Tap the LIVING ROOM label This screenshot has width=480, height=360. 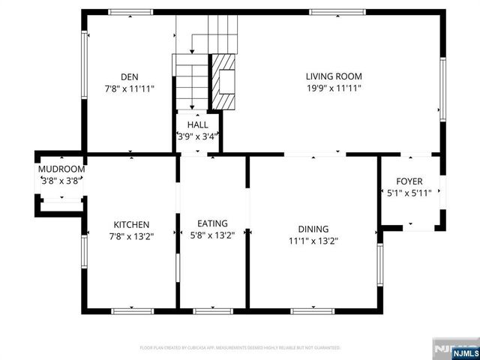334,76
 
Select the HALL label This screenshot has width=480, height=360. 198,124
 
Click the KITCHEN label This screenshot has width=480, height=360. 131,224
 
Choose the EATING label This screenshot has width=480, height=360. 212,223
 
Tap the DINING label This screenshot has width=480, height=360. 313,229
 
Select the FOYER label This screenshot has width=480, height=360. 410,181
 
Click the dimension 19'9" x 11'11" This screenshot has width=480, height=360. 334,88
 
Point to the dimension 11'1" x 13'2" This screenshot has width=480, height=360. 313,241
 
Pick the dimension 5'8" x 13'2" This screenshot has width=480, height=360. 212,235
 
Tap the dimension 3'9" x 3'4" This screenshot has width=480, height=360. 198,136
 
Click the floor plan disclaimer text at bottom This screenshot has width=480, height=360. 240,348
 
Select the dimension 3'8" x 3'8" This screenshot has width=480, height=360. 61,180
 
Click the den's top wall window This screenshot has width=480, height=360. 131,12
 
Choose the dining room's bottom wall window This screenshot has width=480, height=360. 313,310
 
